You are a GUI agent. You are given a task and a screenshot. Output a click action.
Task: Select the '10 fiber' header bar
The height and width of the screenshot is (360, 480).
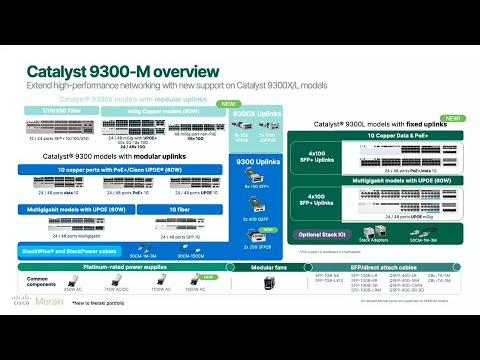(180, 208)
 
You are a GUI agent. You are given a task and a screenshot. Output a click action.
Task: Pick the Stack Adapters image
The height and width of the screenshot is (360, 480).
(372, 229)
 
